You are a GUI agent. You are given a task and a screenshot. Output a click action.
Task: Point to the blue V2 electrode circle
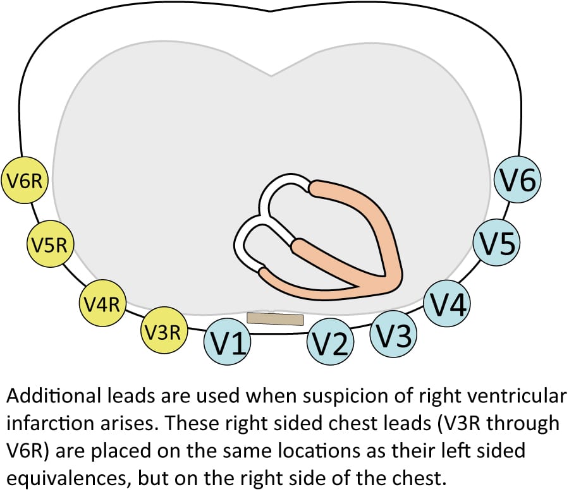[x=331, y=344]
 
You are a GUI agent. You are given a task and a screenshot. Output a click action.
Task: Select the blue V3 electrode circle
[x=393, y=333]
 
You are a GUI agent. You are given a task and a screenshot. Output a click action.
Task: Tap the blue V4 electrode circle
[x=446, y=305]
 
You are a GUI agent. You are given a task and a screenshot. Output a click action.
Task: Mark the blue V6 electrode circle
[x=518, y=181]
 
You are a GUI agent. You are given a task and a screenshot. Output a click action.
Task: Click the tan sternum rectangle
[x=275, y=318]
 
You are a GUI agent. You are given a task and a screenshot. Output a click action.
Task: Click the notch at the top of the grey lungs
[x=272, y=75]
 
